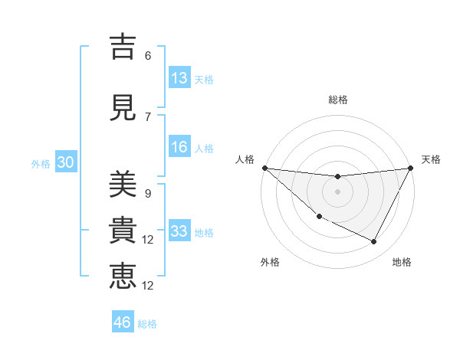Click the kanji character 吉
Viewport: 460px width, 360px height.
[x=123, y=47]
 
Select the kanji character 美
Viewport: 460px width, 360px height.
[x=123, y=185]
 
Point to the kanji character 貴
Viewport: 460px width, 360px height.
[x=123, y=231]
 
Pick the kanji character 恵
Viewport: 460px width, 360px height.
[x=123, y=277]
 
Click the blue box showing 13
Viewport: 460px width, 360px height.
[x=179, y=78]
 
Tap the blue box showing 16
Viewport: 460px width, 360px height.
[x=179, y=148]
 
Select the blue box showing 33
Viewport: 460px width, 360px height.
[x=179, y=231]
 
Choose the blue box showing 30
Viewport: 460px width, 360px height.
[x=65, y=162]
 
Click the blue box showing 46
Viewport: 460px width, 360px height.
[x=123, y=322]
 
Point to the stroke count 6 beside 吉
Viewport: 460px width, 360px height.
[x=148, y=56]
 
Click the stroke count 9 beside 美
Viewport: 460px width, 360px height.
[x=148, y=194]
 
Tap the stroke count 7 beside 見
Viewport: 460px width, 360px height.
[x=148, y=117]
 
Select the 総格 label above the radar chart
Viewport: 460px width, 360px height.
[x=338, y=100]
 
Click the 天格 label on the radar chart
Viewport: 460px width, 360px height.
[x=431, y=159]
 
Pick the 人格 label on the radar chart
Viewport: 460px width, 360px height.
[x=245, y=159]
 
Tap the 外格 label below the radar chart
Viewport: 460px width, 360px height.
[x=270, y=263]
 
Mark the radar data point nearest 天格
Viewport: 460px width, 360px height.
[x=411, y=168]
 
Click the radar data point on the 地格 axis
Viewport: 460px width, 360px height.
[x=374, y=242]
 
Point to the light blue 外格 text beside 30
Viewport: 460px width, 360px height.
[x=40, y=163]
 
